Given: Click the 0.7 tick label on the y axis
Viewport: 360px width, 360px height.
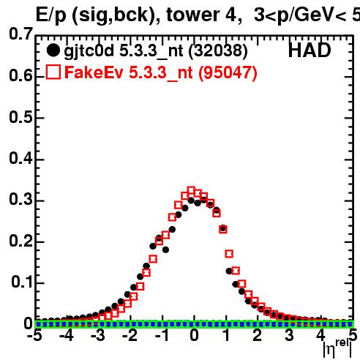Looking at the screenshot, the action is coord(20,34).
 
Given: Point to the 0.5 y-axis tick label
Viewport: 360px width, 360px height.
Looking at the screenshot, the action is coord(20,117).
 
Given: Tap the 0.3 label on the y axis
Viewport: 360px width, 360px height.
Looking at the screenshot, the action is coord(20,199).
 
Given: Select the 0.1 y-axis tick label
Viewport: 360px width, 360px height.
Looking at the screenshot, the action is coord(22,282).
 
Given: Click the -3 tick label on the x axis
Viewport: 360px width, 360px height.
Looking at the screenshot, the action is coord(98,336).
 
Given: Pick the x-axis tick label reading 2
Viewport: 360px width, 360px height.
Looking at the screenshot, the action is coord(257,336).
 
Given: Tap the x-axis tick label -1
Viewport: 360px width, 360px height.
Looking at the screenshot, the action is coord(162,336).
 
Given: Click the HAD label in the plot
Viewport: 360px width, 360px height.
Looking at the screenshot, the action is coord(310,50).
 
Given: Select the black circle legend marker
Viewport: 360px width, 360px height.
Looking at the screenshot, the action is coord(53,50).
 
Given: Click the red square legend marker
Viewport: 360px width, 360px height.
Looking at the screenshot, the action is coord(53,72).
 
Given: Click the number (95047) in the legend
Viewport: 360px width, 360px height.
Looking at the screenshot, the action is coord(228,72).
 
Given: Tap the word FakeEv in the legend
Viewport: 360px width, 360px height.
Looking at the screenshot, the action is coord(94,72).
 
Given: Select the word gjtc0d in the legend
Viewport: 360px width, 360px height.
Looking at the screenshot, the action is coord(89,51).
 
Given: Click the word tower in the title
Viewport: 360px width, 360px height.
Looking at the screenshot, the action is coord(193,15).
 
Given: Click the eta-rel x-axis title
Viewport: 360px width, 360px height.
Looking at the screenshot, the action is coord(337,348).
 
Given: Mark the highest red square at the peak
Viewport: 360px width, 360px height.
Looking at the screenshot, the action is coord(191,191).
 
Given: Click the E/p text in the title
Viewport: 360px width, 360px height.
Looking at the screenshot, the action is coord(51,16).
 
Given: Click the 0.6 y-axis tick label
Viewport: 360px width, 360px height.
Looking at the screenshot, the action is coord(20,75).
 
